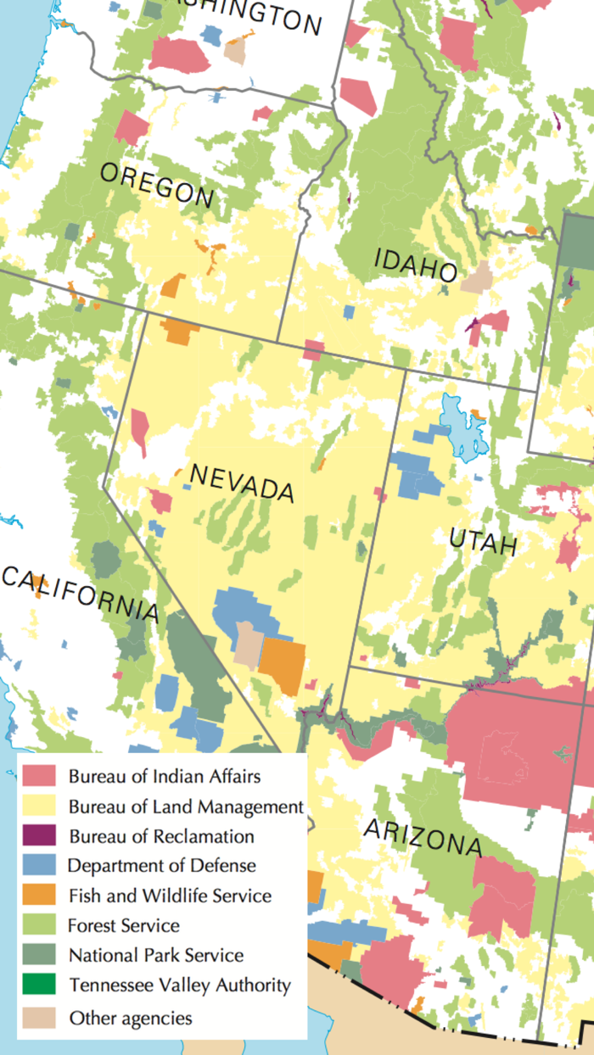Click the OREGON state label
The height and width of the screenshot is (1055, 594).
point(157,185)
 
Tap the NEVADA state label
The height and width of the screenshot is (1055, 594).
point(242,483)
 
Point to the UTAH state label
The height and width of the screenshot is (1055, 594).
point(483,539)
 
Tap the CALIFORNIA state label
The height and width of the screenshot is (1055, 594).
point(80,593)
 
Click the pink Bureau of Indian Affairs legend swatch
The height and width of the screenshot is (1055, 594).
point(39,775)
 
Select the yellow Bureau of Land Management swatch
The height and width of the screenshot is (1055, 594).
point(39,806)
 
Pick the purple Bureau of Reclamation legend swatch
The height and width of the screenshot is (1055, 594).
point(39,836)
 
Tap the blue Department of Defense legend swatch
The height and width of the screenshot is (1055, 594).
point(39,866)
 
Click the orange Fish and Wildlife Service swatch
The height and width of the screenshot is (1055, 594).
point(39,896)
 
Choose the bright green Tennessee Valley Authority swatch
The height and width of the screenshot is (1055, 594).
point(39,985)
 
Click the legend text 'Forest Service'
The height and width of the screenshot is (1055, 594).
point(124,925)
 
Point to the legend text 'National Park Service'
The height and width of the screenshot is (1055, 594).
point(156,956)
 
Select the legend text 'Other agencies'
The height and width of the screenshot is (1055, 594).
point(131,1018)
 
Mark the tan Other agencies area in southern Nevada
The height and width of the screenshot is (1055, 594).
point(248,645)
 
